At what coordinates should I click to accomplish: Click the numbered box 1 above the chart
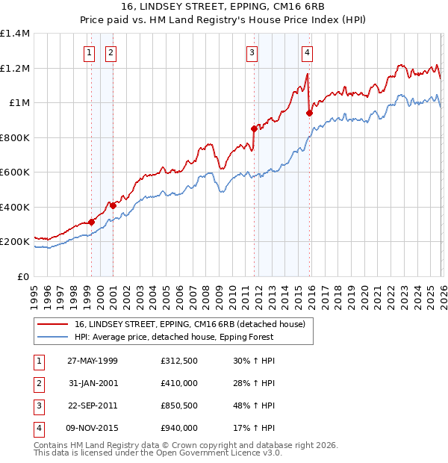coord(89,52)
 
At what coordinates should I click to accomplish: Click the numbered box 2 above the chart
coord(111,52)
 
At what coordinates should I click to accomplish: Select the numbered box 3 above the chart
coord(252,52)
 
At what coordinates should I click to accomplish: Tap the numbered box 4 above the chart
coord(307,52)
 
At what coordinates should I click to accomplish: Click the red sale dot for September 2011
coord(254,128)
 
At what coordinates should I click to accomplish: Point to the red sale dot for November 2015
coord(308,113)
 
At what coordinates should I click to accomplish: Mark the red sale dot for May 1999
coord(91,222)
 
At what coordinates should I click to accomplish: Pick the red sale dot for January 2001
coord(113,205)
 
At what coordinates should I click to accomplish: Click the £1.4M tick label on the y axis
coord(15,34)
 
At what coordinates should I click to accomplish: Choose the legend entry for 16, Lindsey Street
coord(190,325)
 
